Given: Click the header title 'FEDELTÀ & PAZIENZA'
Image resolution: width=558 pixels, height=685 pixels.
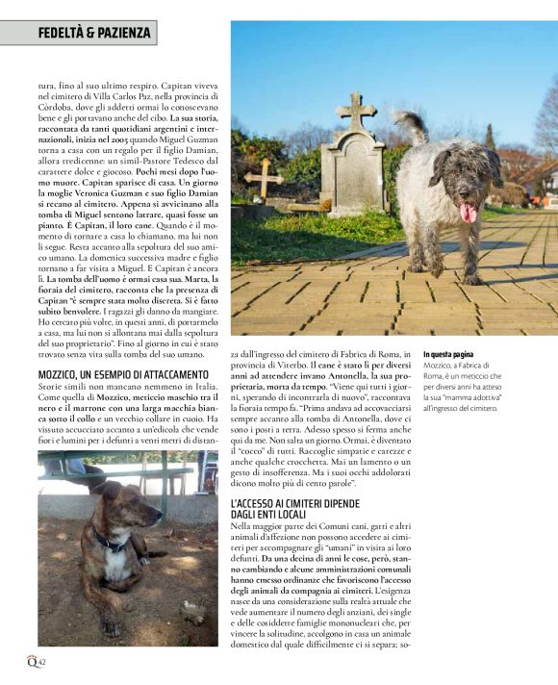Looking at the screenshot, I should tap(94, 33).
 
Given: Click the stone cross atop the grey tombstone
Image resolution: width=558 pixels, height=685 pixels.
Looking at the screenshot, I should tap(357, 111).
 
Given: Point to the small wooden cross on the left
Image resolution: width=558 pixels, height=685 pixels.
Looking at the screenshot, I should tap(262, 178).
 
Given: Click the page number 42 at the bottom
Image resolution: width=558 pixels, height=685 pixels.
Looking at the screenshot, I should tap(41, 662).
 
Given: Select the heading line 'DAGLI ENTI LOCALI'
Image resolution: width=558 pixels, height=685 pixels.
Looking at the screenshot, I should tap(278, 516).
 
